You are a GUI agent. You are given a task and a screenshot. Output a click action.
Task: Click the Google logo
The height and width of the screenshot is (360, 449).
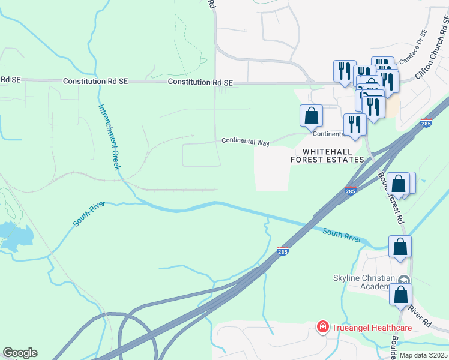coord(20,353)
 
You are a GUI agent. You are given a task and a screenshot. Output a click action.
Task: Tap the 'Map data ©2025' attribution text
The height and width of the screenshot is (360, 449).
coord(423,355)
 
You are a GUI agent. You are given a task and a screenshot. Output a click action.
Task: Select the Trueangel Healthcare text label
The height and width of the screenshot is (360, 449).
coord(373,328)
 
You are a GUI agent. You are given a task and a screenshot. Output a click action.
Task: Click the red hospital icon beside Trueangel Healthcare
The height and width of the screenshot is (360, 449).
coord(323,327)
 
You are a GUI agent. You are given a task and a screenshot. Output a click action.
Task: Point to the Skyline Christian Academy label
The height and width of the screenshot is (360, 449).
coord(364,282)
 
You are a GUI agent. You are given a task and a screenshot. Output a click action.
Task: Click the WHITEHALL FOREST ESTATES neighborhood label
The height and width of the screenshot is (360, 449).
coord(327,155)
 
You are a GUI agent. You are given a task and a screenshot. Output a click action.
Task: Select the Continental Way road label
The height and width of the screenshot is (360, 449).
coord(246,142)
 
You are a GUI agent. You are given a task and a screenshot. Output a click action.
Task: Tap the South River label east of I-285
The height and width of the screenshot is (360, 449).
coord(342,235)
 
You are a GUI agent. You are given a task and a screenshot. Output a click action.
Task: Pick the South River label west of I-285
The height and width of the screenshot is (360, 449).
coord(89,214)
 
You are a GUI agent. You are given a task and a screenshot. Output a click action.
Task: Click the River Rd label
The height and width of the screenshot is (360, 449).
coord(420,316)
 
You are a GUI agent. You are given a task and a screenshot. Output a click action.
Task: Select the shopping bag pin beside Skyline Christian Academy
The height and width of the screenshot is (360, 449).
coord(400,294)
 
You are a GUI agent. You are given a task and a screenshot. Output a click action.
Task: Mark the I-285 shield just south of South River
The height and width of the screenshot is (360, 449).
coord(283,252)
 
